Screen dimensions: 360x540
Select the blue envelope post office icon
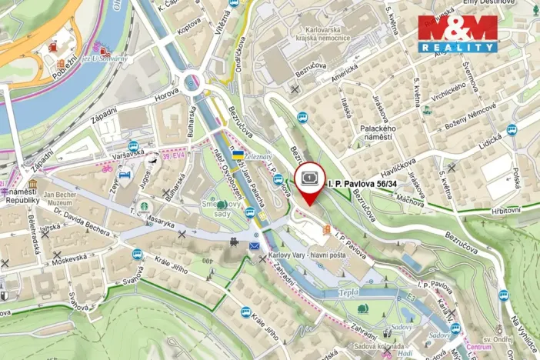(x=255, y=245)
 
